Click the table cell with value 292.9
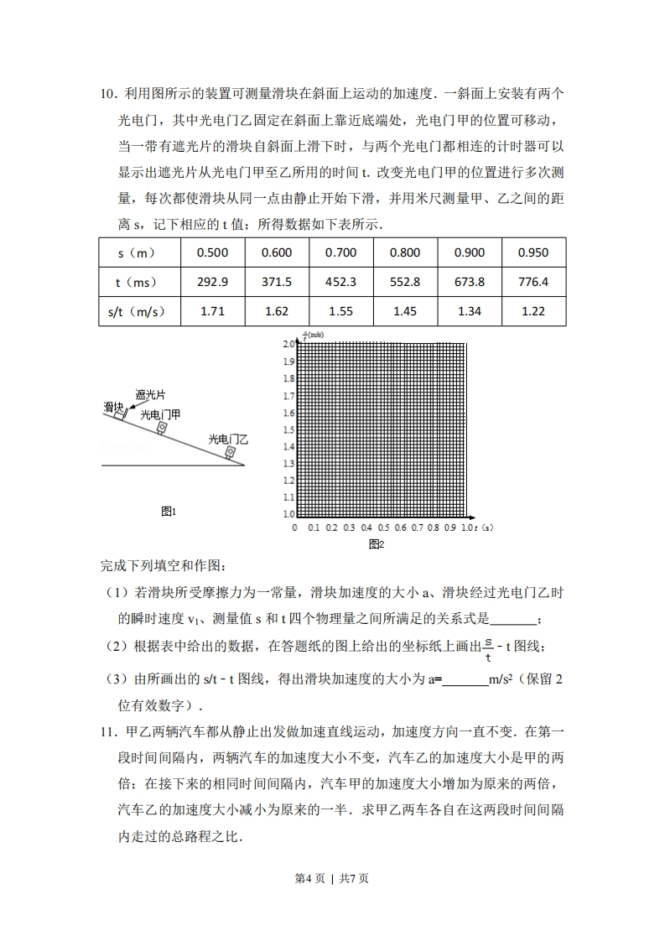(212, 282)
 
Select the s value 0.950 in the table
(533, 252)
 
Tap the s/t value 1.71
(212, 311)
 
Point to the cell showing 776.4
(533, 282)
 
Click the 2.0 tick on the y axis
(288, 344)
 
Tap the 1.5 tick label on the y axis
(288, 429)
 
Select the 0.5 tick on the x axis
(383, 528)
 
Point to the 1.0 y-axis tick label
(288, 513)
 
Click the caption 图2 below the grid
(376, 544)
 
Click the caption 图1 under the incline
(169, 511)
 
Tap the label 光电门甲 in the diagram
(159, 413)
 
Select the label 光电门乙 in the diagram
(228, 439)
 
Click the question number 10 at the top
(108, 94)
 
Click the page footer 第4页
(310, 878)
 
